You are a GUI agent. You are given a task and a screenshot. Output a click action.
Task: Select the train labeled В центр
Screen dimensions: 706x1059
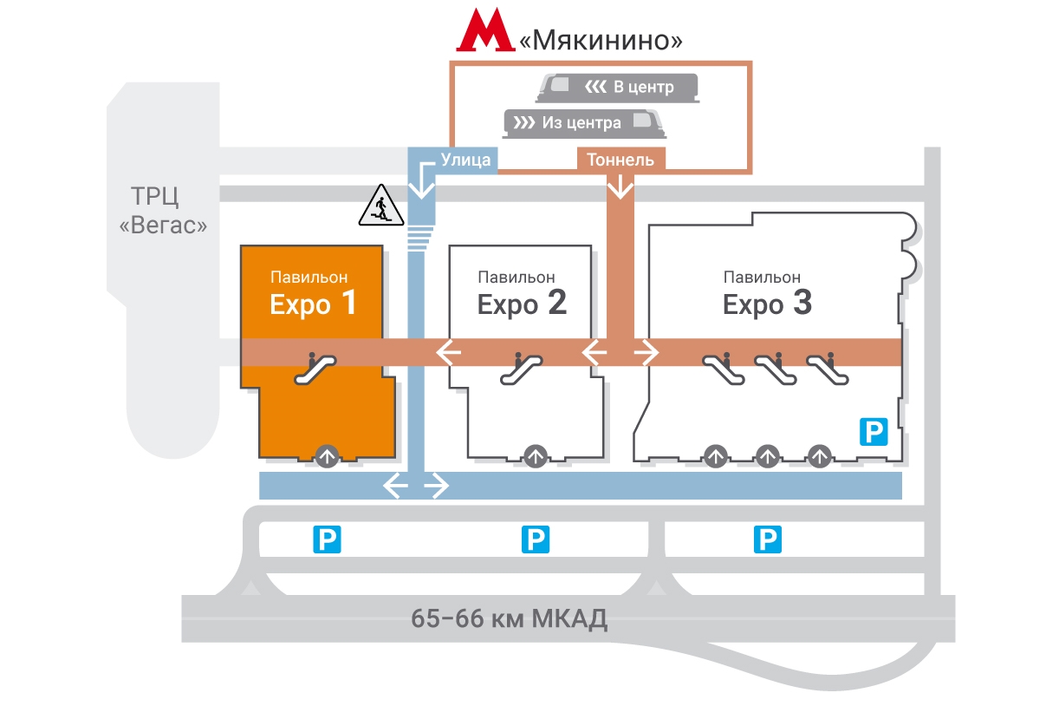[618, 87]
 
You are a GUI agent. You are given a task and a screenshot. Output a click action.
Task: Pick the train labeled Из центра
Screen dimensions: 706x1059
[584, 122]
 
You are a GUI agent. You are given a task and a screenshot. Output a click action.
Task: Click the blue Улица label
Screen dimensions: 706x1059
[465, 160]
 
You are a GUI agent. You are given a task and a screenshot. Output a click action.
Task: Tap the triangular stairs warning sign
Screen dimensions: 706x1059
[380, 207]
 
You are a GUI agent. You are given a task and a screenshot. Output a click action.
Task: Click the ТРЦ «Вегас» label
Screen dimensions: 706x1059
[164, 209]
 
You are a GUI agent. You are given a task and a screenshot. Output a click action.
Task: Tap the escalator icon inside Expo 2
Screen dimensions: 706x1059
[522, 367]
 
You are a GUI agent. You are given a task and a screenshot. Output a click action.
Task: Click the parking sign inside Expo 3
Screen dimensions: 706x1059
[874, 430]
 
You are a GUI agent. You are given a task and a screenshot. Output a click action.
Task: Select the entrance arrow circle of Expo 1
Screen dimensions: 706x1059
[327, 455]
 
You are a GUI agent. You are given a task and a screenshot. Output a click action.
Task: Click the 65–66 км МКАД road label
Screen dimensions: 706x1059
[509, 619]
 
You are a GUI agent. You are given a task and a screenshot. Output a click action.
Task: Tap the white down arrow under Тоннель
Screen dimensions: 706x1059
[620, 186]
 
